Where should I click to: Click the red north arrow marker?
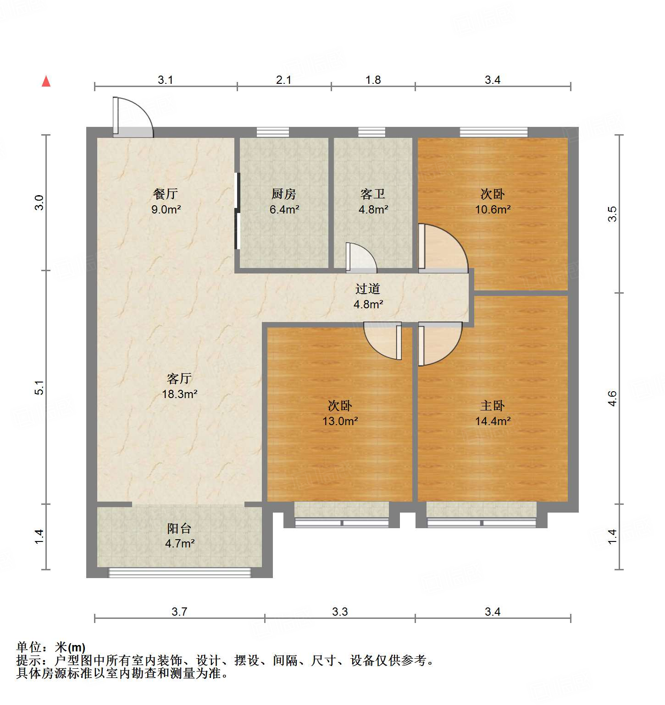click(x=46, y=81)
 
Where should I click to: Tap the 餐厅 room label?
click(x=166, y=194)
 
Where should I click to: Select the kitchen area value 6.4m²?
click(x=284, y=210)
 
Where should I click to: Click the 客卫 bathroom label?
click(x=373, y=194)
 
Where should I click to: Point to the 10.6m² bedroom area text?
click(x=493, y=210)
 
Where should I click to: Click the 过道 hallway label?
click(x=368, y=289)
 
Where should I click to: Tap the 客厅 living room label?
click(x=179, y=378)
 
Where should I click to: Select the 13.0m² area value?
click(x=340, y=421)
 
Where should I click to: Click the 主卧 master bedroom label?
click(x=493, y=405)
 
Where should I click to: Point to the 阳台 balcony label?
click(x=179, y=528)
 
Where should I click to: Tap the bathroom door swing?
click(x=361, y=257)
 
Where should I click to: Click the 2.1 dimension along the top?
click(x=284, y=80)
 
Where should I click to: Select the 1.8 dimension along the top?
click(x=373, y=80)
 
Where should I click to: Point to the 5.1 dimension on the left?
click(x=39, y=388)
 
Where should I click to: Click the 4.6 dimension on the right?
click(x=612, y=398)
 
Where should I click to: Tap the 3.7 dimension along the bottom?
click(x=179, y=612)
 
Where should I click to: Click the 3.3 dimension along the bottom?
click(x=340, y=612)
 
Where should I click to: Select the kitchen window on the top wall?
click(x=273, y=132)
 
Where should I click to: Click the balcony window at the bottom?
click(x=179, y=572)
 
